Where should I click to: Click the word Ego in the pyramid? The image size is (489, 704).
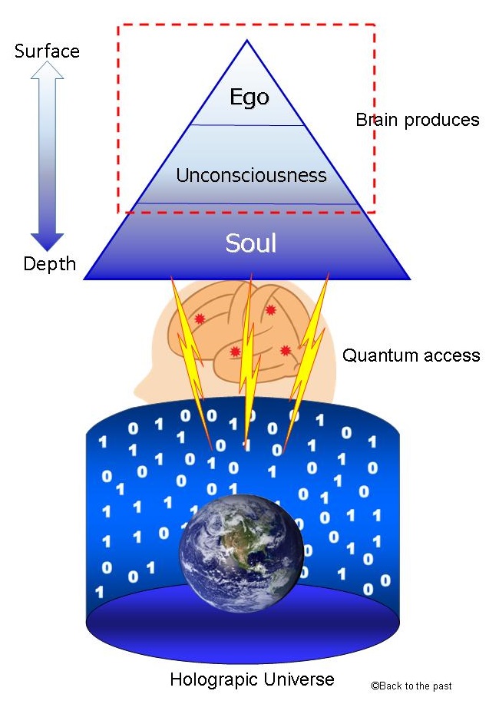pyautogui.click(x=249, y=98)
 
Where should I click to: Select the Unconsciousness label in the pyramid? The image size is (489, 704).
pyautogui.click(x=251, y=176)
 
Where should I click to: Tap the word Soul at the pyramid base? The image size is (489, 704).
pyautogui.click(x=250, y=243)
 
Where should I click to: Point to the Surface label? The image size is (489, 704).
pyautogui.click(x=48, y=51)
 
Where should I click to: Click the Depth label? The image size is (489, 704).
pyautogui.click(x=50, y=264)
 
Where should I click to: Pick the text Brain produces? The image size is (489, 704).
pyautogui.click(x=417, y=120)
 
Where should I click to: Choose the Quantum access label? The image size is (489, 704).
pyautogui.click(x=411, y=355)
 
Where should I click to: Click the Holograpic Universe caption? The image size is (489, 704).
pyautogui.click(x=252, y=679)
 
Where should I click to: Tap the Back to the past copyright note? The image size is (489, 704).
pyautogui.click(x=411, y=686)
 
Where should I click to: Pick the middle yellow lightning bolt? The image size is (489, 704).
pyautogui.click(x=247, y=361)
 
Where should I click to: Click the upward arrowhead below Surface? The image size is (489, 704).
pyautogui.click(x=48, y=72)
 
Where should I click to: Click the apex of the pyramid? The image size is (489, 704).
pyautogui.click(x=246, y=41)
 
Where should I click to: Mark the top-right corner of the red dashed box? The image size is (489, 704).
pyautogui.click(x=374, y=25)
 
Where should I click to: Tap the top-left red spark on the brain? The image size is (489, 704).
pyautogui.click(x=200, y=319)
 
